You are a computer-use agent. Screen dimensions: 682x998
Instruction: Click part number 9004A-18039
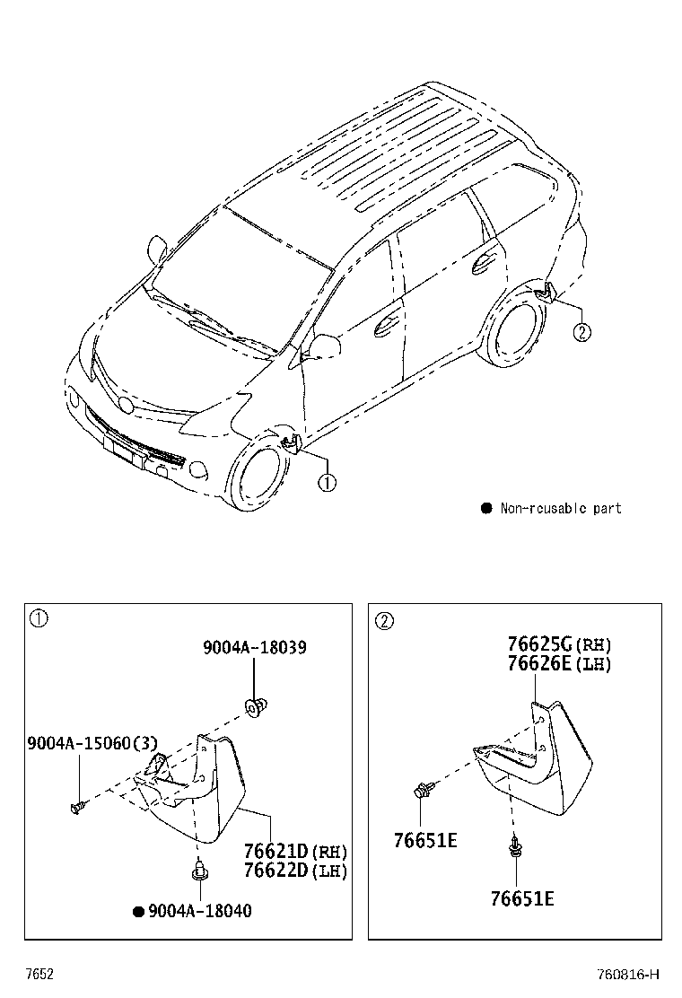[x=255, y=647]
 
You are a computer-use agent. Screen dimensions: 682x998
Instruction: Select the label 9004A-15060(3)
[x=92, y=743]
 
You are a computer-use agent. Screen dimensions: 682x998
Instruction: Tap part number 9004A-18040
[x=200, y=911]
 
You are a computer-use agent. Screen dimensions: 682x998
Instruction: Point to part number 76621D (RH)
[x=296, y=851]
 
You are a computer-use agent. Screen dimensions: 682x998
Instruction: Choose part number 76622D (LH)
[x=296, y=870]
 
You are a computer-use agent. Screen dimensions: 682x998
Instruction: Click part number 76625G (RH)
[x=559, y=644]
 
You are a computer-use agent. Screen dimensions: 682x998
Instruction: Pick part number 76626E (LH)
[x=559, y=664]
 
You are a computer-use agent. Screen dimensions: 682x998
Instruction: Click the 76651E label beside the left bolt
[x=425, y=841]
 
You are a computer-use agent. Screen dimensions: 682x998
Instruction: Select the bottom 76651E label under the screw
[x=522, y=898]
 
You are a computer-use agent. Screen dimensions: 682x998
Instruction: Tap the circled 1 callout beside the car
[x=327, y=483]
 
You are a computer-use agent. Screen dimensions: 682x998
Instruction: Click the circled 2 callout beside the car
[x=581, y=331]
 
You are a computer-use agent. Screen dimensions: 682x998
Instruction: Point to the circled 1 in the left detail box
[x=39, y=618]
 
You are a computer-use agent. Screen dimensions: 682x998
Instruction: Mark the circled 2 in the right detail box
[x=385, y=620]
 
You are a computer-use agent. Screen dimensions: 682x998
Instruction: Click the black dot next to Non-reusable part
[x=486, y=508]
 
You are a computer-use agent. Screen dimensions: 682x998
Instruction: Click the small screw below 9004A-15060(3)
[x=77, y=809]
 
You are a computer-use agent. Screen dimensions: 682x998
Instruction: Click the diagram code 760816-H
[x=628, y=975]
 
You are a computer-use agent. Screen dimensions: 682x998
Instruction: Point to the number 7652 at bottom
[x=39, y=975]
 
